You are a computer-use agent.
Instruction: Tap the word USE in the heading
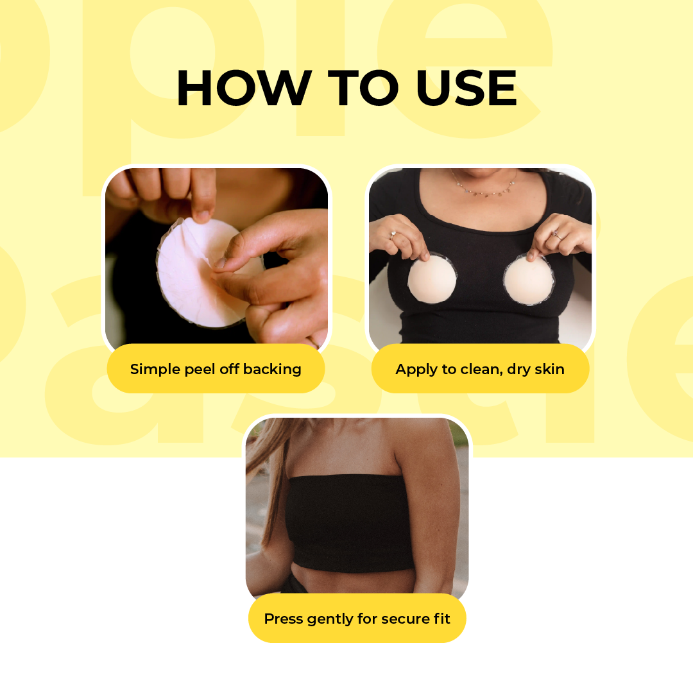466,88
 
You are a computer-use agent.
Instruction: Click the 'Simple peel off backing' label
216,369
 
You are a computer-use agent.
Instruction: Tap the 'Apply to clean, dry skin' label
480,369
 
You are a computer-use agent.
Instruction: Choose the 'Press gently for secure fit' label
357,619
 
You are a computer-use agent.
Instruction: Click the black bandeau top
350,523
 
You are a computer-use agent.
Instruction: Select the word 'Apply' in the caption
415,370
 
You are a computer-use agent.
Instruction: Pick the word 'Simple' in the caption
151,370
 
